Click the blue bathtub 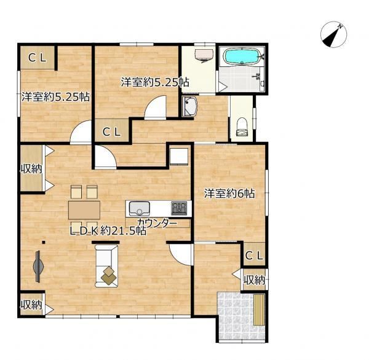pos(242,56)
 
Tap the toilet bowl pos(242,127)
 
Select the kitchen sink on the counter pos(140,208)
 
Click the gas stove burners pos(179,208)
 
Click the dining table pos(84,210)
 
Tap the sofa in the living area pos(106,266)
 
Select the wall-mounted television pos(38,266)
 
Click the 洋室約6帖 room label pos(229,194)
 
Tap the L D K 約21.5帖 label pos(108,232)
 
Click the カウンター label pos(157,223)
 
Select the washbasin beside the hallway pos(189,107)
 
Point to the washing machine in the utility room pos(204,56)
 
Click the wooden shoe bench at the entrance pos(260,310)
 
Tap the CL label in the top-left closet pos(37,58)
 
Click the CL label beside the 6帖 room pos(254,256)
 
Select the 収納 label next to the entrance pos(254,280)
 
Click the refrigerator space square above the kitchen pos(179,156)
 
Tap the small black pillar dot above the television pos(44,242)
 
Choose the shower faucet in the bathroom pos(259,76)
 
